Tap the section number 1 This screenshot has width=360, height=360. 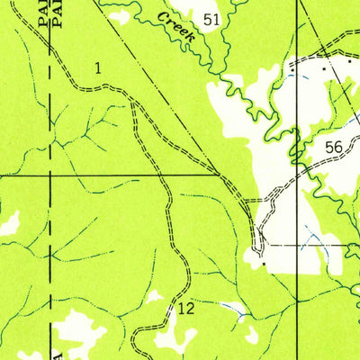click(97, 67)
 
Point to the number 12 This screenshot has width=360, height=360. click(186, 309)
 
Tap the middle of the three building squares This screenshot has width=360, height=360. click(325, 67)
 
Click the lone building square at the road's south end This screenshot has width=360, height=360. click(262, 265)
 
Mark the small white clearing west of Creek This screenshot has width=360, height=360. click(119, 15)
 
